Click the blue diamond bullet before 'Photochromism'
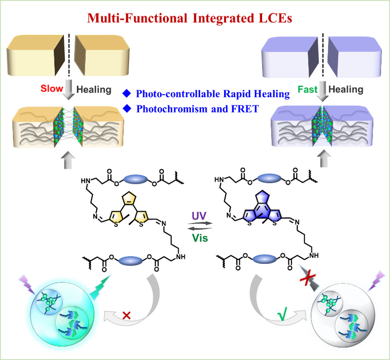coord(127,109)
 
